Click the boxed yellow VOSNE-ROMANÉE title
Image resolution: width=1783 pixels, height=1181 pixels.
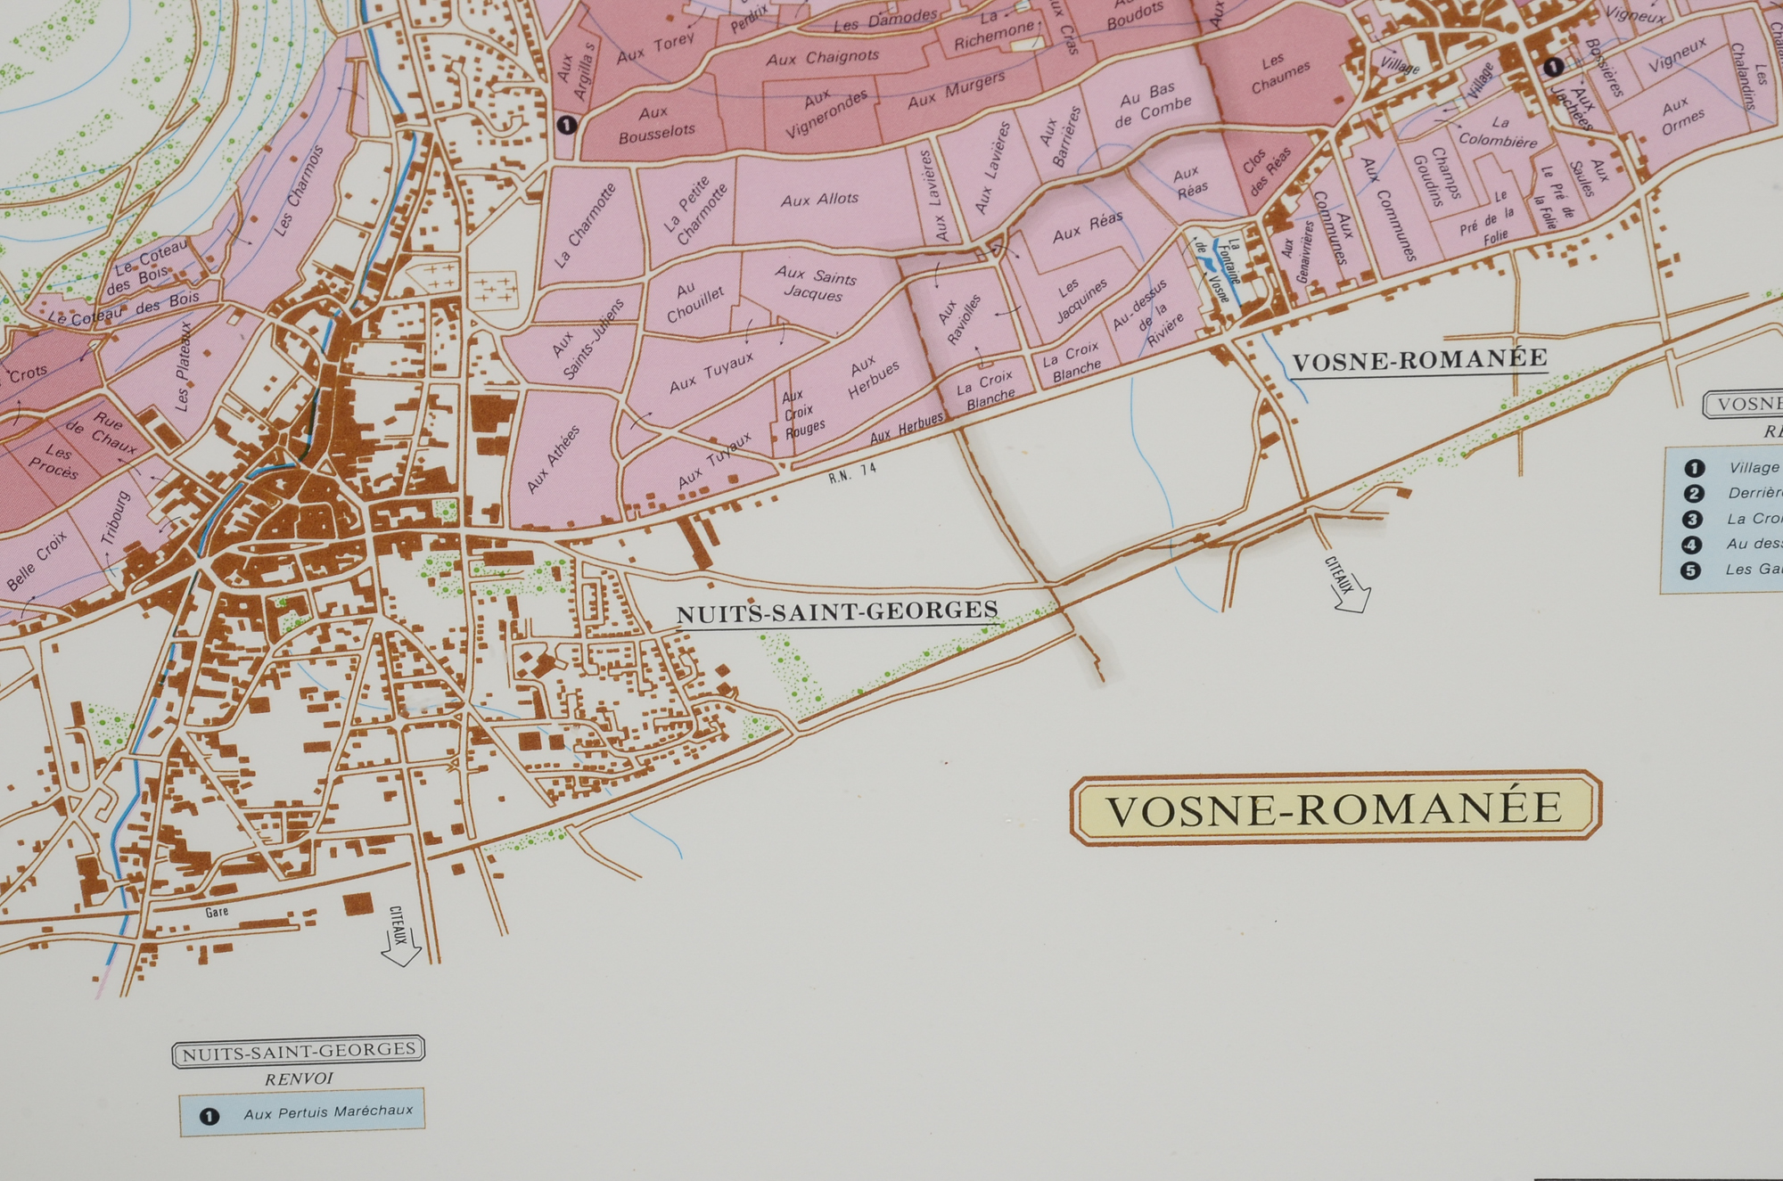tap(1335, 808)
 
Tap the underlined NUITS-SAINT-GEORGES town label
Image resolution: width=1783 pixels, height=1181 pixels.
tap(836, 612)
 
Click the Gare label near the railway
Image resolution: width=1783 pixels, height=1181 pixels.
tap(217, 912)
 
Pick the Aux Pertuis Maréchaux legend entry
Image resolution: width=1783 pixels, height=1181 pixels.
tap(328, 1112)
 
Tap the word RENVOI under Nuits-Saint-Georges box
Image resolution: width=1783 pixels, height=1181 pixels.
tap(299, 1078)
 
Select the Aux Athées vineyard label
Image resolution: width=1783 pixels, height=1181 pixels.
tap(554, 459)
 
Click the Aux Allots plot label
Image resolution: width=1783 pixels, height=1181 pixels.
tap(819, 200)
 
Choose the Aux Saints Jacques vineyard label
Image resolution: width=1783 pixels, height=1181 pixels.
tap(814, 285)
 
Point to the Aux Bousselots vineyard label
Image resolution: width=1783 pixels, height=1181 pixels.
tap(656, 122)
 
